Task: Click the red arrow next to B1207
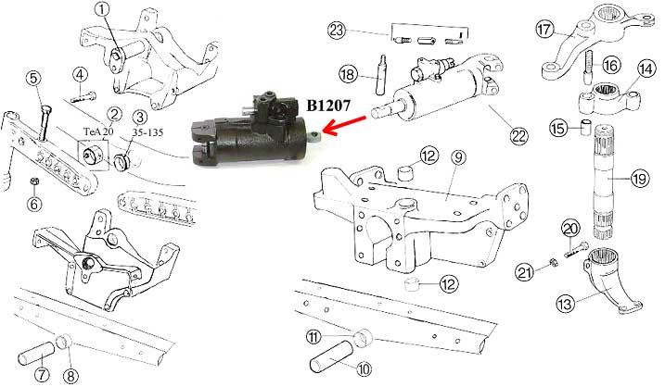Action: tap(344, 125)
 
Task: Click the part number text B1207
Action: tap(328, 106)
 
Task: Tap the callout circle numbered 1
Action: tap(102, 10)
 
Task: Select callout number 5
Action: tap(34, 80)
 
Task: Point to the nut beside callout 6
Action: tap(34, 181)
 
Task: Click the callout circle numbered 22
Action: tap(518, 135)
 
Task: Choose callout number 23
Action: tap(337, 31)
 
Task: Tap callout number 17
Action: tap(545, 30)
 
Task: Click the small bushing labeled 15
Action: tap(585, 128)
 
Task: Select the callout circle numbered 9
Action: tap(457, 157)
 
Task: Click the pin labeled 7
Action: tap(36, 353)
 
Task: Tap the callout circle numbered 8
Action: tap(71, 375)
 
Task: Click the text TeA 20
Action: tap(98, 131)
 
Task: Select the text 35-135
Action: tap(147, 132)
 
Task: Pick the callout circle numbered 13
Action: tap(567, 303)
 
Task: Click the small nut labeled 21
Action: tap(553, 263)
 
